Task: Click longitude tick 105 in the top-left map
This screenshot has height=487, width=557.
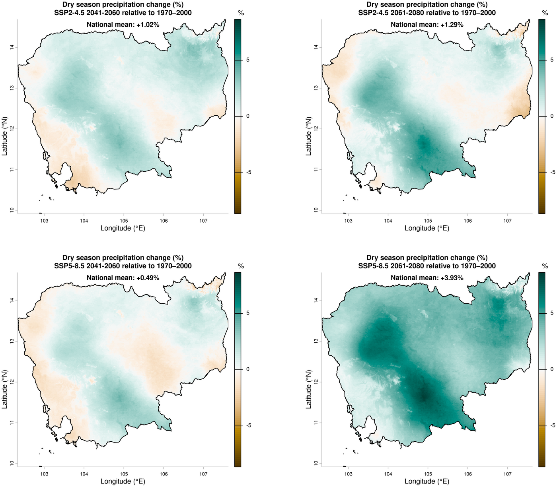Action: [x=124, y=220]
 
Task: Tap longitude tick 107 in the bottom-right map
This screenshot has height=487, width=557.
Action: [x=507, y=473]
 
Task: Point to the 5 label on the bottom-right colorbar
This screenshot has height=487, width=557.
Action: [x=551, y=313]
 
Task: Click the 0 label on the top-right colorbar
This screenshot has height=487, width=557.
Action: [x=551, y=116]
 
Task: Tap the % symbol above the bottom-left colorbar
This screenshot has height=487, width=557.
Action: [x=241, y=266]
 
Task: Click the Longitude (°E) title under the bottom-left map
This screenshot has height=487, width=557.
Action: [x=123, y=481]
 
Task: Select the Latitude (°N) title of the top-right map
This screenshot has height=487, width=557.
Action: [x=309, y=136]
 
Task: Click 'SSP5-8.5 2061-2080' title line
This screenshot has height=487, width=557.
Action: [x=427, y=266]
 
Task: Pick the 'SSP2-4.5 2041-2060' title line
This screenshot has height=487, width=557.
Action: [x=123, y=13]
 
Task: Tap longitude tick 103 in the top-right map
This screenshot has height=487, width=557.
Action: [x=348, y=220]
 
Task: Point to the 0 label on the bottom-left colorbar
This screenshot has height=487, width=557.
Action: [x=247, y=369]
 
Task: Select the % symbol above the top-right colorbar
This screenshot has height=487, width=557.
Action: [x=545, y=13]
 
